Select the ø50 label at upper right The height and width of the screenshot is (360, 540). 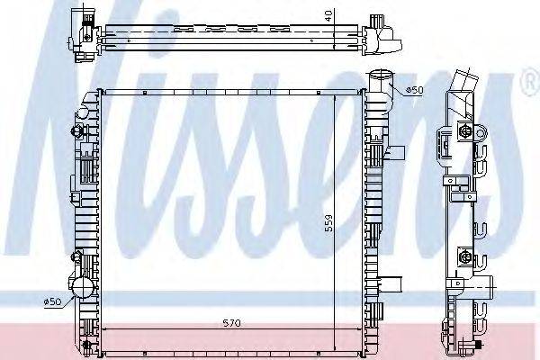pos(414,89)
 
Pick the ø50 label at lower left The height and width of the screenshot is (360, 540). pos(52,302)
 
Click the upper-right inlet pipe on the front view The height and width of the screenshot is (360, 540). pos(382,82)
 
